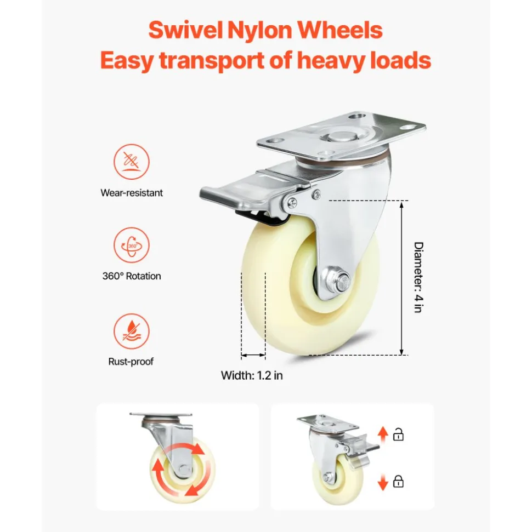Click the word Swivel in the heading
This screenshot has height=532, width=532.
[185, 30]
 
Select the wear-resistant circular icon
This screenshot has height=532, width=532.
[131, 162]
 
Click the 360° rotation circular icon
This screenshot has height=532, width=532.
[131, 245]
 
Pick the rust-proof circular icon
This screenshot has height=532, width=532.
[131, 331]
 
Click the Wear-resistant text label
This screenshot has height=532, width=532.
[132, 193]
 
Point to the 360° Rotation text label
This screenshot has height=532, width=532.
[132, 276]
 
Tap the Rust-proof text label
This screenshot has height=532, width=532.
[131, 362]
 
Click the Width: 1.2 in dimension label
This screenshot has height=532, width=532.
[252, 375]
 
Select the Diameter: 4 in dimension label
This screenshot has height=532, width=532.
[418, 277]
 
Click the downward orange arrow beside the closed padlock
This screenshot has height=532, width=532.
[383, 482]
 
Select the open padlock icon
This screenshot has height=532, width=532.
[398, 434]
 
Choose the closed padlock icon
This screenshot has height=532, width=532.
[398, 482]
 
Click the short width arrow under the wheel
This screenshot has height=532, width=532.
[253, 355]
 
